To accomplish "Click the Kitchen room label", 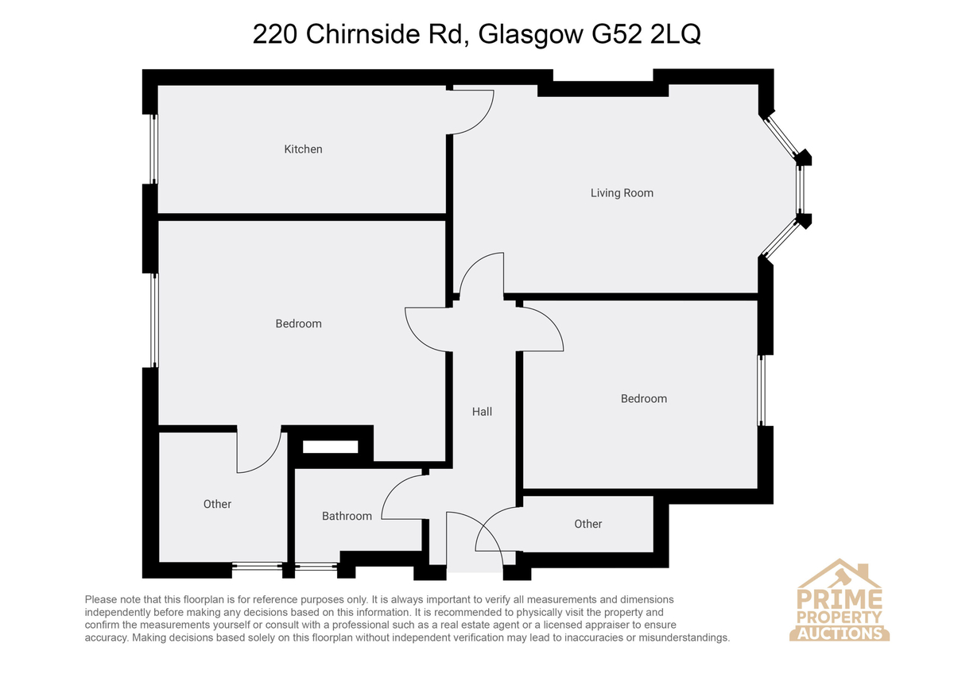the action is tap(303, 149).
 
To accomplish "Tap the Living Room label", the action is tap(622, 193).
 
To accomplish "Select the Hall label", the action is tap(482, 411).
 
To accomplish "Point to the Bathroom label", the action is tap(347, 516).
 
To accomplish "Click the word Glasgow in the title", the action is tap(530, 35).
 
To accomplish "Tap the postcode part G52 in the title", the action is tap(616, 34).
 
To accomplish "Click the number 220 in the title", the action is tap(275, 34).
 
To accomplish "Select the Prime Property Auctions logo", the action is tap(839, 599).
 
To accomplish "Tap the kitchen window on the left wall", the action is tap(153, 149).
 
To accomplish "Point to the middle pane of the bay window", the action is tap(801, 189).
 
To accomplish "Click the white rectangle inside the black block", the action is tap(330, 447).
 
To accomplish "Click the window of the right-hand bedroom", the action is tap(761, 390).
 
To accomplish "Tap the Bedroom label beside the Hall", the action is tap(643, 398).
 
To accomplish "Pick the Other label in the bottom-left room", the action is tap(217, 504).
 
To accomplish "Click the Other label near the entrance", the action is tap(588, 524).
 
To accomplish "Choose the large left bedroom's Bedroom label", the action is tap(298, 323).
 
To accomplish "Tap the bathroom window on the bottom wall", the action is tap(316, 567).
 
